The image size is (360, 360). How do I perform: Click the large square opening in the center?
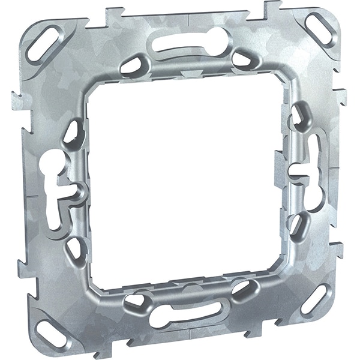(180, 180)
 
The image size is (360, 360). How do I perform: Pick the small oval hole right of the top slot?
(241, 58)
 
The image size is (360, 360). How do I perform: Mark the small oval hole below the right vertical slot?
(296, 223)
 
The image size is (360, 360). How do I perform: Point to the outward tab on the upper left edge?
(17, 100)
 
